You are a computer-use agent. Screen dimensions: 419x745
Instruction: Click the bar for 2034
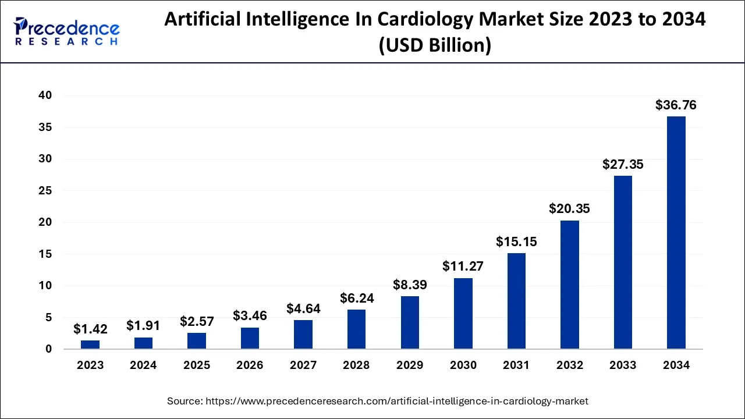pos(676,233)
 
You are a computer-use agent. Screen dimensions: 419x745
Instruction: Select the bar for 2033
pos(623,262)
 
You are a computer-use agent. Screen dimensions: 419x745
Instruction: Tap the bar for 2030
pos(463,314)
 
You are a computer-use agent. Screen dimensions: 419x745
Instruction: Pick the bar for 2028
pos(356,329)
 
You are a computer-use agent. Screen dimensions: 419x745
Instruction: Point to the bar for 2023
pos(90,345)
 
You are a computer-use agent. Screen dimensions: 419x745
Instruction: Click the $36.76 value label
pos(676,105)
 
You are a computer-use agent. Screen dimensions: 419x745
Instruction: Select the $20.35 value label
pos(569,209)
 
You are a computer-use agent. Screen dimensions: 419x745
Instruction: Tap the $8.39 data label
pos(409,285)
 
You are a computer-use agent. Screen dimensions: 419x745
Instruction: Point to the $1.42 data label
pos(90,329)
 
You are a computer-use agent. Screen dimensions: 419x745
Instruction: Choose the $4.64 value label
pos(303,308)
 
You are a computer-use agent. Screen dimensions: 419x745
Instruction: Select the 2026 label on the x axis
pos(250,365)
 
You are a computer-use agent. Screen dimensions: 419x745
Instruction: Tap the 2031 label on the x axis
pos(516,365)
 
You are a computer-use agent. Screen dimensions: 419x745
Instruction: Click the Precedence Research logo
pos(67,31)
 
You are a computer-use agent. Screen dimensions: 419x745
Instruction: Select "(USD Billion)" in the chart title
pos(435,45)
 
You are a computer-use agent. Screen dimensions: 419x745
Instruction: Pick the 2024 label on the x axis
pos(143,365)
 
